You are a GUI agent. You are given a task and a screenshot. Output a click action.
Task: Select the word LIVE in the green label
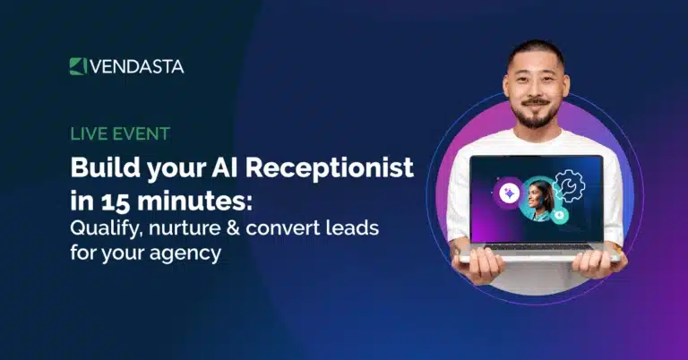click(87, 135)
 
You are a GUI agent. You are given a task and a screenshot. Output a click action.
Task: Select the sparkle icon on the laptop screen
click(510, 192)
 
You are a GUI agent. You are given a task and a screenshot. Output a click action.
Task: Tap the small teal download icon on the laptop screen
click(559, 216)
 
